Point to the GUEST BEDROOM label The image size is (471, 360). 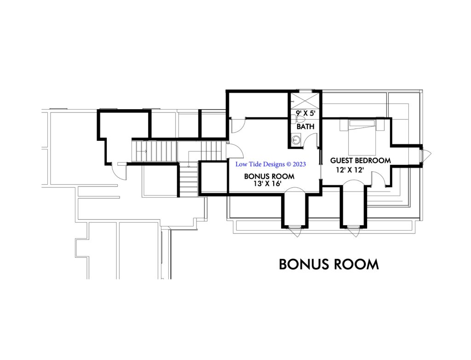pyautogui.click(x=361, y=161)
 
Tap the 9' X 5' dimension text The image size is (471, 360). pyautogui.click(x=305, y=112)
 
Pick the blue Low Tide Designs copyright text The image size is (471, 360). pyautogui.click(x=270, y=164)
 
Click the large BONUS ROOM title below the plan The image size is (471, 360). pyautogui.click(x=329, y=264)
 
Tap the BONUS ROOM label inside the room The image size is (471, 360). pyautogui.click(x=269, y=176)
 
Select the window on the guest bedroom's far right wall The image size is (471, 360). pyautogui.click(x=426, y=156)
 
